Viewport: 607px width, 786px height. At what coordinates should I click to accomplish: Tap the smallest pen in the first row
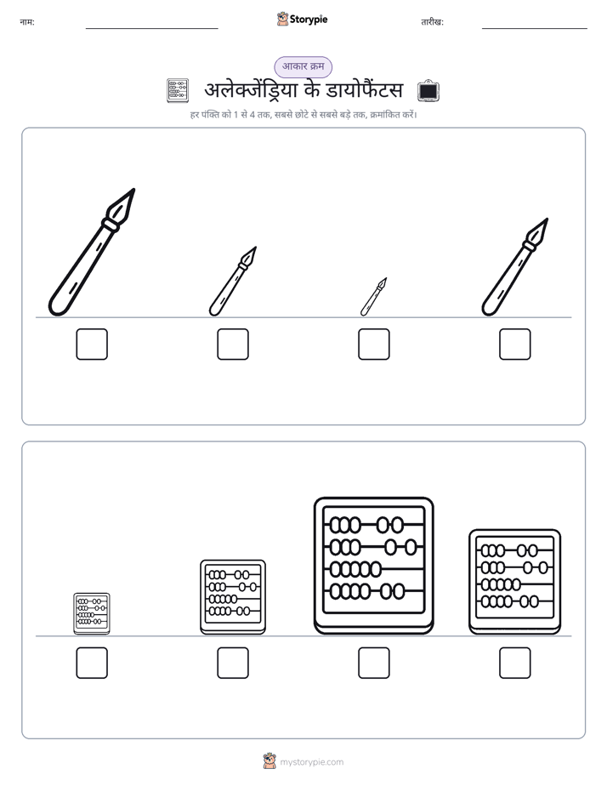pos(373,297)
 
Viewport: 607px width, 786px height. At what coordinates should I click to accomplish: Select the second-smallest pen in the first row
pos(233,282)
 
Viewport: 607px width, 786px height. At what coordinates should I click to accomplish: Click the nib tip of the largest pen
pos(134,190)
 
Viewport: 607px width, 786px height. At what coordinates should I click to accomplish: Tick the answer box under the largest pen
pos(92,345)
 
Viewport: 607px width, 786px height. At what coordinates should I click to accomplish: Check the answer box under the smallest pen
pos(373,345)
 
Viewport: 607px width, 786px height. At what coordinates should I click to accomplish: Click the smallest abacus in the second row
pos(92,613)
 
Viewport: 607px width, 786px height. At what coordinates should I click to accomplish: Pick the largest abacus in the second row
pos(373,566)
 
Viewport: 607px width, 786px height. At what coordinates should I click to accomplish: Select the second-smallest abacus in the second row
pos(233,597)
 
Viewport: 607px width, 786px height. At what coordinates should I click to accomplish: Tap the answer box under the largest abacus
pos(373,663)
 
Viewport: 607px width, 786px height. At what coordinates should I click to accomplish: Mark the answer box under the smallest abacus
pos(92,663)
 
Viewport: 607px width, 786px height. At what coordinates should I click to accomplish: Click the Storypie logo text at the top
pos(309,20)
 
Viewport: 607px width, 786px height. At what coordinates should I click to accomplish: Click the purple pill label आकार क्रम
pos(303,66)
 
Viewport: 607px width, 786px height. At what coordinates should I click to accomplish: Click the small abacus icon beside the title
pos(178,91)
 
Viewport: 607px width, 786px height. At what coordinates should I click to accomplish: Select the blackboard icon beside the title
pos(428,91)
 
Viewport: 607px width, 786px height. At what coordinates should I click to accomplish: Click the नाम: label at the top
pos(27,22)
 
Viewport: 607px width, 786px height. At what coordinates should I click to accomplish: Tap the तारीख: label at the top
pos(432,22)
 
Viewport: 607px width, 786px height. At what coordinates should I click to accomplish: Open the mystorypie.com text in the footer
pos(311,762)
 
